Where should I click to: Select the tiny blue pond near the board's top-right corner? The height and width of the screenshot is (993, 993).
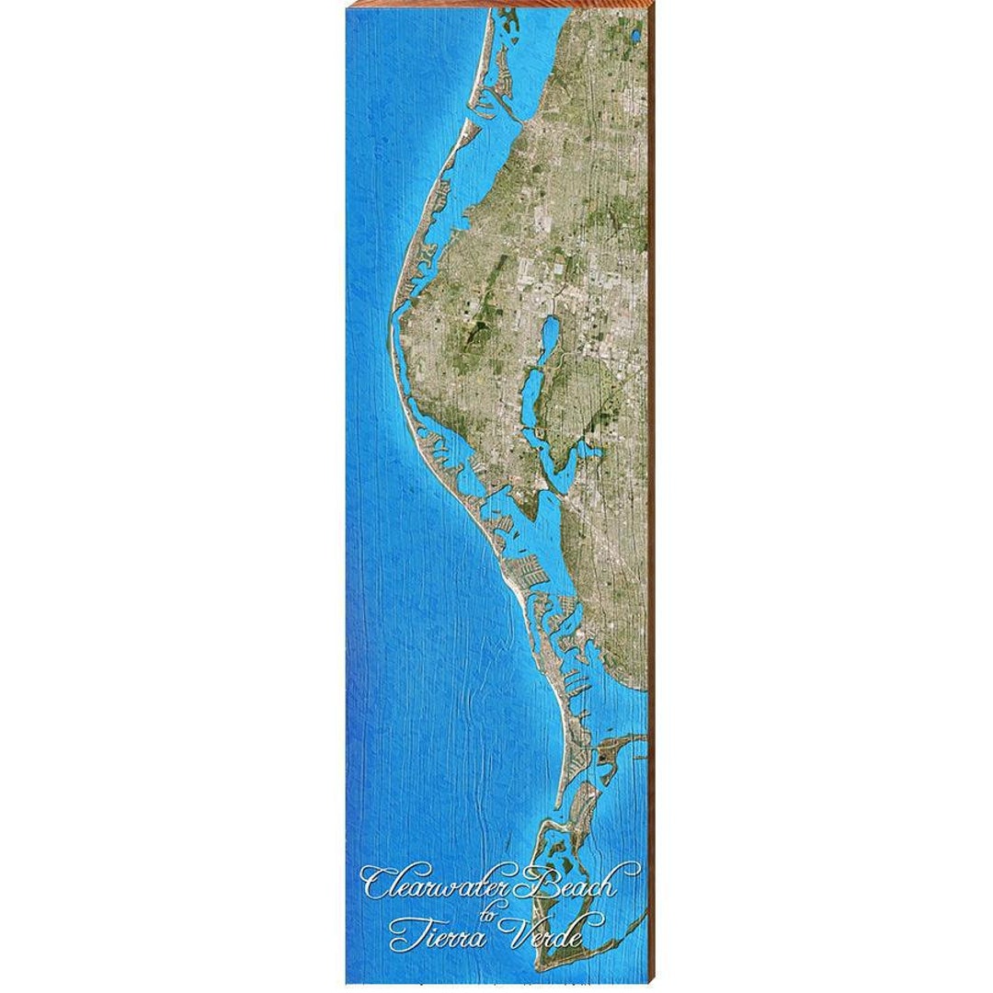[635, 37]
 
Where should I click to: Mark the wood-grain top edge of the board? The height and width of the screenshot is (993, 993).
[496, 5]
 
